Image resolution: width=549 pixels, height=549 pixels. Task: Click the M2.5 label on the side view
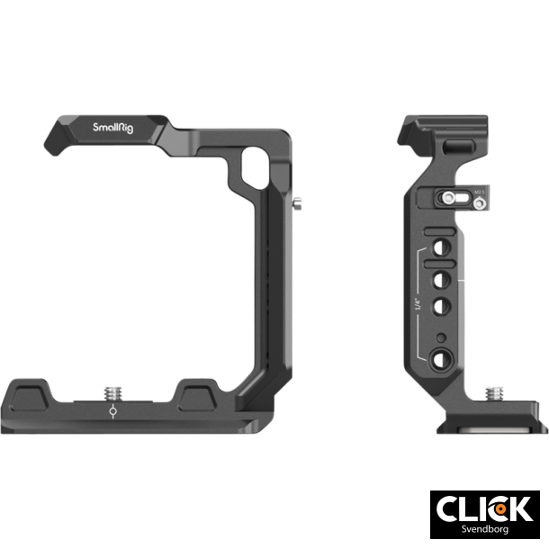point(480,190)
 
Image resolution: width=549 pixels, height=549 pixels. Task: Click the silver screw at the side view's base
point(495,393)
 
